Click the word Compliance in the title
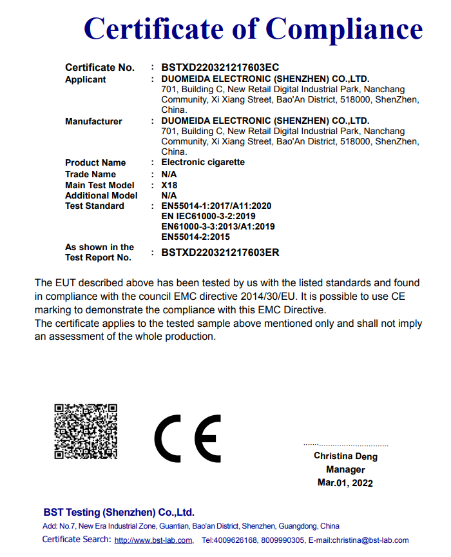pos(344,29)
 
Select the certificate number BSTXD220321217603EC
pos(220,67)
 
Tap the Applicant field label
pos(86,79)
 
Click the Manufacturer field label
pos(93,121)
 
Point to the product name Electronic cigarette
pos(203,162)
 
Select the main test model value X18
pos(169,185)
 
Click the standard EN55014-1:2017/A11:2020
pos(216,206)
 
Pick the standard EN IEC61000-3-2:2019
pos(209,217)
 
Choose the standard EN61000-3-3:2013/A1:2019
pos(218,227)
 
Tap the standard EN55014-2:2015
pos(196,237)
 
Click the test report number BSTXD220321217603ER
pos(220,253)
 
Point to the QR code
pos(86,431)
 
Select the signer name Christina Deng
pos(345,456)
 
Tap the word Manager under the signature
pos(345,469)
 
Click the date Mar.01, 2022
pos(345,482)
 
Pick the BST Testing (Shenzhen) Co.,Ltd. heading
pos(119,513)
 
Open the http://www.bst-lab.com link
pos(153,540)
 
